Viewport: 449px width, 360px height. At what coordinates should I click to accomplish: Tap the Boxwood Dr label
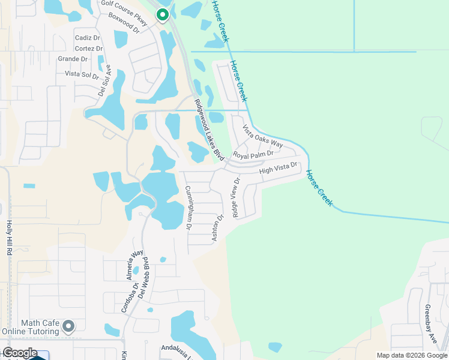click(124, 23)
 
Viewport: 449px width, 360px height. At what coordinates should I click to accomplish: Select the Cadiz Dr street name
click(88, 37)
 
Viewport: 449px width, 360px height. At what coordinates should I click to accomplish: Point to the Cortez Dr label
click(88, 47)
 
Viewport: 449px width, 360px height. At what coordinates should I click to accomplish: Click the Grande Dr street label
click(72, 59)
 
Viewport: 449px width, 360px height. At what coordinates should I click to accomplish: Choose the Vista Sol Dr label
click(82, 74)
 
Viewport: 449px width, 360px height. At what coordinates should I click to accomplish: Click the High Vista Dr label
click(279, 168)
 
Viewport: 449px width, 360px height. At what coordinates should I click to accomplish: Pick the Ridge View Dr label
click(235, 198)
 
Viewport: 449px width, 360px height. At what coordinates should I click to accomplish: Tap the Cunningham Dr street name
click(188, 208)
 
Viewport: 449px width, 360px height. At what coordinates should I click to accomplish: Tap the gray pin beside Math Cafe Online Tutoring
click(68, 327)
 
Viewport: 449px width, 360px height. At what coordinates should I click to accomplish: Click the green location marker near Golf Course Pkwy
click(162, 15)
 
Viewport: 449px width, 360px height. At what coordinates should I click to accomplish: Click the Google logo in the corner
click(20, 353)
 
